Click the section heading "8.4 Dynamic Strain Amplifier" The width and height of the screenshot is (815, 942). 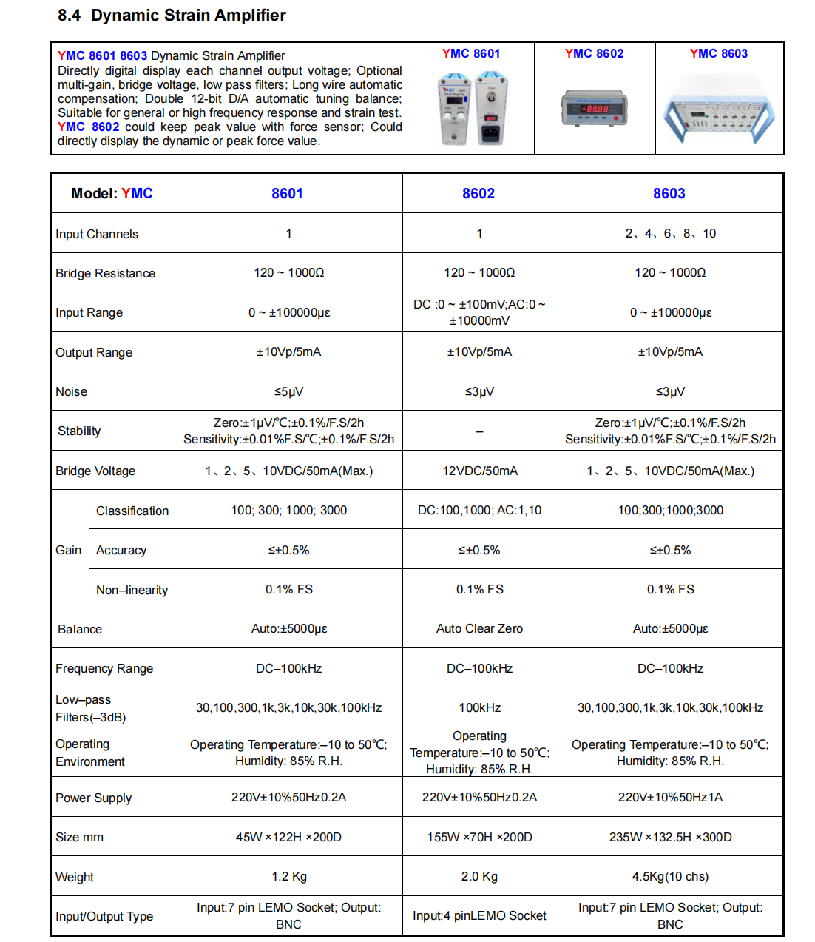[172, 16]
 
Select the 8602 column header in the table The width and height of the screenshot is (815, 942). [478, 193]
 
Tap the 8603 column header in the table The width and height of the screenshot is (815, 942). [669, 193]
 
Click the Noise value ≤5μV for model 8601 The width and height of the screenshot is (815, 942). [288, 391]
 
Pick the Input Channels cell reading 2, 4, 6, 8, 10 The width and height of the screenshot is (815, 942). [670, 233]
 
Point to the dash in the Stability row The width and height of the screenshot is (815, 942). [479, 431]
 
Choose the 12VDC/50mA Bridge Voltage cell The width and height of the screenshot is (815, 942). [480, 471]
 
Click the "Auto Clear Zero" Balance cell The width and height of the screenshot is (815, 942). [479, 628]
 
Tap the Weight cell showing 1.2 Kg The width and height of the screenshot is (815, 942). [289, 876]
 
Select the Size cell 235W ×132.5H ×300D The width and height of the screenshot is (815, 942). [670, 837]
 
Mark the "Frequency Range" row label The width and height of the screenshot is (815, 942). [104, 668]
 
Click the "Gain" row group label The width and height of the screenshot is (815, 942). [69, 550]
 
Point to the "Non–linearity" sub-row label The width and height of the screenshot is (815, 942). [132, 590]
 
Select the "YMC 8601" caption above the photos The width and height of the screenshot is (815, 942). [471, 53]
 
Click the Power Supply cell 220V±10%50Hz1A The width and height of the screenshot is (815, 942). [670, 797]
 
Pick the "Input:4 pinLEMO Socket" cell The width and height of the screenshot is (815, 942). [479, 915]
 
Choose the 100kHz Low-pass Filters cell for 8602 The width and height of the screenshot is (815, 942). [480, 707]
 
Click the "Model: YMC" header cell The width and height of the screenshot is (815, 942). [112, 193]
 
